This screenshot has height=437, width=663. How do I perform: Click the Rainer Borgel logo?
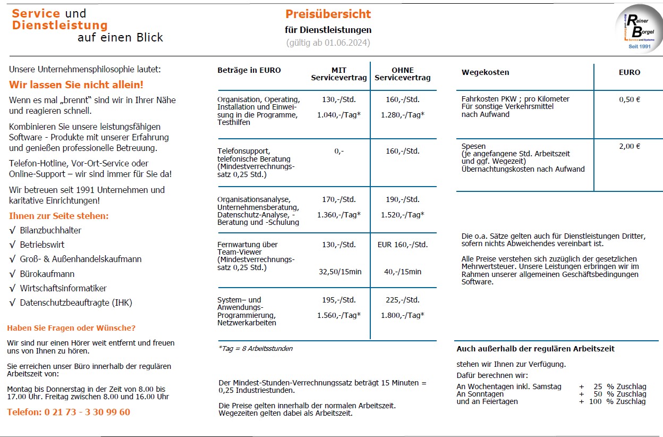(639, 29)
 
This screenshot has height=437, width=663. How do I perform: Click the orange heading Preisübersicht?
(328, 14)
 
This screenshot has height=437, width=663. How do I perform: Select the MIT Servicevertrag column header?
(339, 74)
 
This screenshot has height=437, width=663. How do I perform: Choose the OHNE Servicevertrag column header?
(403, 74)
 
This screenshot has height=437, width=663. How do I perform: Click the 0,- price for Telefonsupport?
(339, 151)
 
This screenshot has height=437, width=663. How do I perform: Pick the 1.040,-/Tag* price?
(339, 114)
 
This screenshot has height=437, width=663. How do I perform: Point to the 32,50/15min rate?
(340, 272)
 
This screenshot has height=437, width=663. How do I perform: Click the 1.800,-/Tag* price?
(403, 315)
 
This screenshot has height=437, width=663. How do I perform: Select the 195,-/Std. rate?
(339, 300)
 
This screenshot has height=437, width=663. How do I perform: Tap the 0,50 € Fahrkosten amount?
(630, 99)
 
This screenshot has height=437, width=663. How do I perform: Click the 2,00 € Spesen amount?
(630, 147)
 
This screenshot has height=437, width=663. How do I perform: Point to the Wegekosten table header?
(485, 72)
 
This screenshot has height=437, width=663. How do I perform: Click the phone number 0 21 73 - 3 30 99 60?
(69, 412)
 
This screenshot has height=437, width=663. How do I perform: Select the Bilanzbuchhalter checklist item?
(50, 230)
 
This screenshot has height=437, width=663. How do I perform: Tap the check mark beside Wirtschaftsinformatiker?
(12, 289)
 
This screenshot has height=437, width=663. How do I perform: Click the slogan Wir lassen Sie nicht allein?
(76, 85)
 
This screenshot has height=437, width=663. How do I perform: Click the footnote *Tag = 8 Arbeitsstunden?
(256, 349)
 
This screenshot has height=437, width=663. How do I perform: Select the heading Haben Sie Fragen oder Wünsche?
(71, 328)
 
